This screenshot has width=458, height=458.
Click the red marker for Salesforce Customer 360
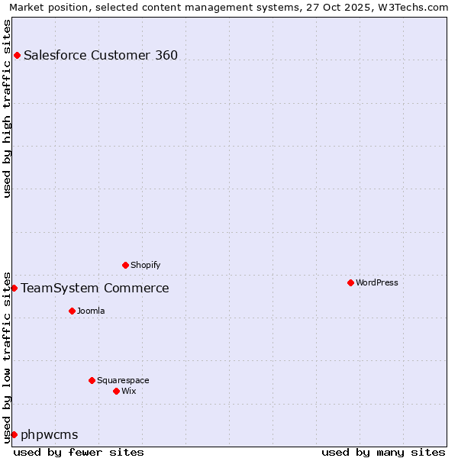tap(17, 55)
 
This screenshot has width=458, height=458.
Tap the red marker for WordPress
tap(350, 282)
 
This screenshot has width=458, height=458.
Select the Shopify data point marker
tap(125, 265)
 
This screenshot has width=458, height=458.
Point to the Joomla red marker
tap(72, 311)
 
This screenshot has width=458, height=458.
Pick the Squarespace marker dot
tap(92, 380)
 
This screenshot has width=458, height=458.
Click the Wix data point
tap(116, 391)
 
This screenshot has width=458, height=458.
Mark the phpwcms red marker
tap(14, 434)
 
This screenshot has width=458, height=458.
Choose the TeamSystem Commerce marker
tap(14, 288)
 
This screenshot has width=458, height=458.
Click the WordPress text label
tap(376, 282)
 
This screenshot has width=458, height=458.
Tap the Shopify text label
tap(145, 265)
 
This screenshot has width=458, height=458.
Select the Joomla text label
tap(91, 311)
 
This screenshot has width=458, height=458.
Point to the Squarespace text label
tap(123, 380)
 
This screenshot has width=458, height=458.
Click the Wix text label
tap(128, 391)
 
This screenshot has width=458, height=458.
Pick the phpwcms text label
tap(50, 434)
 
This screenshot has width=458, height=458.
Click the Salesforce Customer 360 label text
tap(101, 55)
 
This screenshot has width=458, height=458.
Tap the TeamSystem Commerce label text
tap(95, 288)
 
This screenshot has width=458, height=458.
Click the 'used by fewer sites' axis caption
tap(79, 452)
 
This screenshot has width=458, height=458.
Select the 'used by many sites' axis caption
tap(383, 452)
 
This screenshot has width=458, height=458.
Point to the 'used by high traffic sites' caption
tap(7, 108)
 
